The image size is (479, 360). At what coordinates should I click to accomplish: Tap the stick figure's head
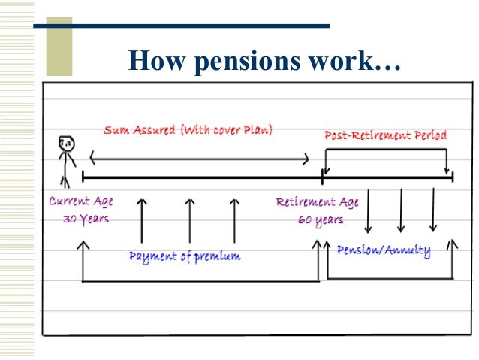point(65,144)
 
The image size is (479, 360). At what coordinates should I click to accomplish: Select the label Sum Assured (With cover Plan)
point(188,130)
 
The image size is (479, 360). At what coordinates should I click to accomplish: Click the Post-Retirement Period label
point(385,135)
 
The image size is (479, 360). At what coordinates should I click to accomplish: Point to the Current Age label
point(81,201)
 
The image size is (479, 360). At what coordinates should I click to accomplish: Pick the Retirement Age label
point(317,202)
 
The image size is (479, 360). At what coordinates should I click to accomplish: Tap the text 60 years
point(319,219)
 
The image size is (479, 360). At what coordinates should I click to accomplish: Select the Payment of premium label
point(185,256)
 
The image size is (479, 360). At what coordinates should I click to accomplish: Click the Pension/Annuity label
point(384,250)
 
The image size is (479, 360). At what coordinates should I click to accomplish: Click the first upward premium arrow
point(142,220)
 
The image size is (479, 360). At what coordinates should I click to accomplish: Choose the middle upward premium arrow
point(189,220)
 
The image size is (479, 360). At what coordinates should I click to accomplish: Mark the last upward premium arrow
point(234,220)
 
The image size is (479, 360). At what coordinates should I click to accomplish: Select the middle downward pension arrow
point(401,210)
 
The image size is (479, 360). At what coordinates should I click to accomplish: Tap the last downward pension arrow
point(433,210)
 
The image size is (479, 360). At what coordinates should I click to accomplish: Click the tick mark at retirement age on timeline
point(322,177)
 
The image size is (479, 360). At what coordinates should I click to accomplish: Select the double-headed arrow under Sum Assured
point(199,158)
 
